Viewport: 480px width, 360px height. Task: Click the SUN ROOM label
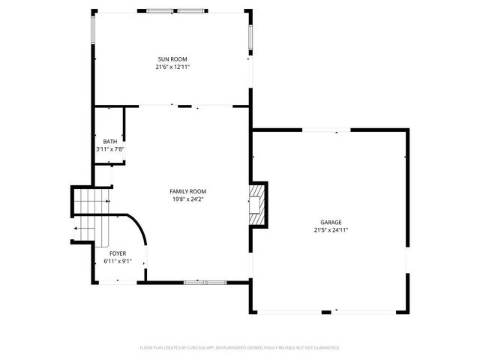click(x=172, y=59)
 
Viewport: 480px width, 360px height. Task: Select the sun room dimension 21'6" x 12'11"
click(x=172, y=67)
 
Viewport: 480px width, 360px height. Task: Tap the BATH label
click(x=109, y=142)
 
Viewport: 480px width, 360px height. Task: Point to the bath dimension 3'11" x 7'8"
click(x=109, y=149)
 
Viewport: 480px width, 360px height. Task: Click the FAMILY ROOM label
click(x=187, y=191)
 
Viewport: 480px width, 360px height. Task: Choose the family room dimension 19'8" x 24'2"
click(x=187, y=199)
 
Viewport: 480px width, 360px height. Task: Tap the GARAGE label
click(x=331, y=223)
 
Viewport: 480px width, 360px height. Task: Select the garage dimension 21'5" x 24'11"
click(x=331, y=230)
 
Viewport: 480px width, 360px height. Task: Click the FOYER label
click(x=118, y=253)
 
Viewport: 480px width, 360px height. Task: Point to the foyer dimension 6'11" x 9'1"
click(x=118, y=261)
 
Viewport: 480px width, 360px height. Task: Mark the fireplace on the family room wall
click(x=259, y=203)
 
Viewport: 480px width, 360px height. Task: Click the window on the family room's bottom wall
click(x=205, y=282)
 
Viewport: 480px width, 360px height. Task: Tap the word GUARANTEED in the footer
click(x=323, y=348)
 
